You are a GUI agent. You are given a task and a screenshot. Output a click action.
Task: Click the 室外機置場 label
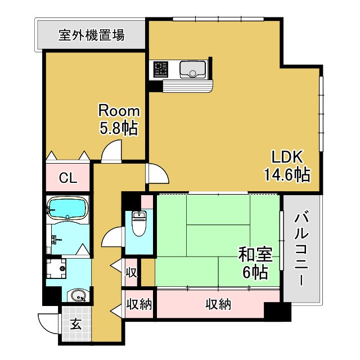[91, 35]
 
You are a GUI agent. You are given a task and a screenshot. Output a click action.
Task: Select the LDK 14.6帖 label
[287, 165]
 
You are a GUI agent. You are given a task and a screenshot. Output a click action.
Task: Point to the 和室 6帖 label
[255, 263]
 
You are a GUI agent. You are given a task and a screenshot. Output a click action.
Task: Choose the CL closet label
[67, 178]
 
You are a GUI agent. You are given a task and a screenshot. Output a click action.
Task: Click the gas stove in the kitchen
[161, 69]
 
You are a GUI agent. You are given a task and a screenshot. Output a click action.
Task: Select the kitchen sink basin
[192, 70]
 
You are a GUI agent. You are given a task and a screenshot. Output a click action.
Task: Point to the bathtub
[67, 208]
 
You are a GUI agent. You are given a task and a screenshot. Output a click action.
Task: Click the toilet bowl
[138, 222]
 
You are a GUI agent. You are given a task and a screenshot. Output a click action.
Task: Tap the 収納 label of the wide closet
[218, 305]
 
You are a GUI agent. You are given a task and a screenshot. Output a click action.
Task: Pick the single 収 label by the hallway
[131, 273]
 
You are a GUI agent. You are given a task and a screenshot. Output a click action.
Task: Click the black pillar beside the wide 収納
[273, 311]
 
